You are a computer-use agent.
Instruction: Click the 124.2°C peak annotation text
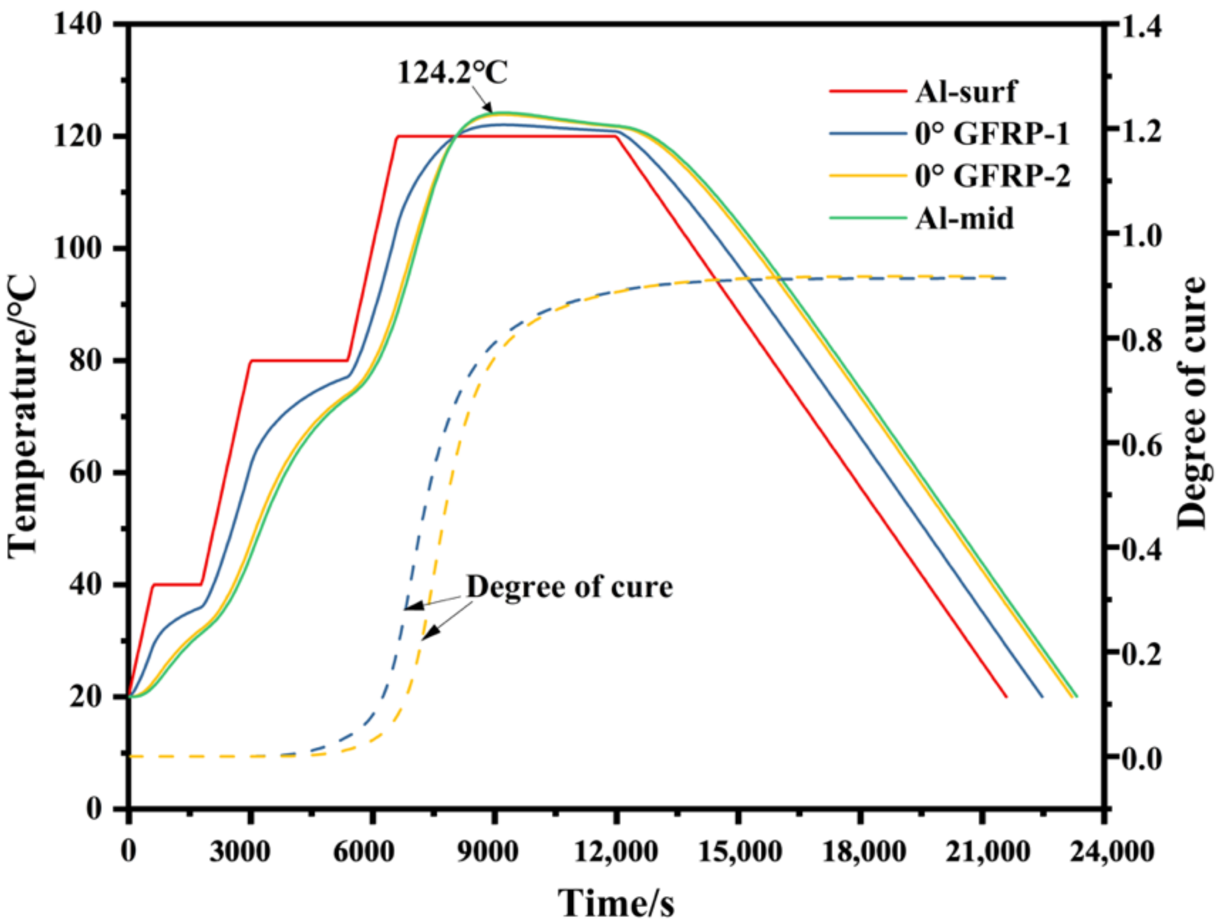[x=452, y=73]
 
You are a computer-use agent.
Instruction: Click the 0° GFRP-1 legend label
[x=991, y=134]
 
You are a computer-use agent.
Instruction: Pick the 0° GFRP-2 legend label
[x=992, y=176]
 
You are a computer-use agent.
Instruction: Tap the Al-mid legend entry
[x=964, y=218]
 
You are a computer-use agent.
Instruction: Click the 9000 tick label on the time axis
[x=488, y=851]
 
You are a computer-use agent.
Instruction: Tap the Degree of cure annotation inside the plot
[x=569, y=587]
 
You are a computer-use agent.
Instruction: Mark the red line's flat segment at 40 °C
[x=177, y=584]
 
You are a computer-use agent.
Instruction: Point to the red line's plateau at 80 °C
[x=299, y=361]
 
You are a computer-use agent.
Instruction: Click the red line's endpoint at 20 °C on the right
[x=1006, y=697]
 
